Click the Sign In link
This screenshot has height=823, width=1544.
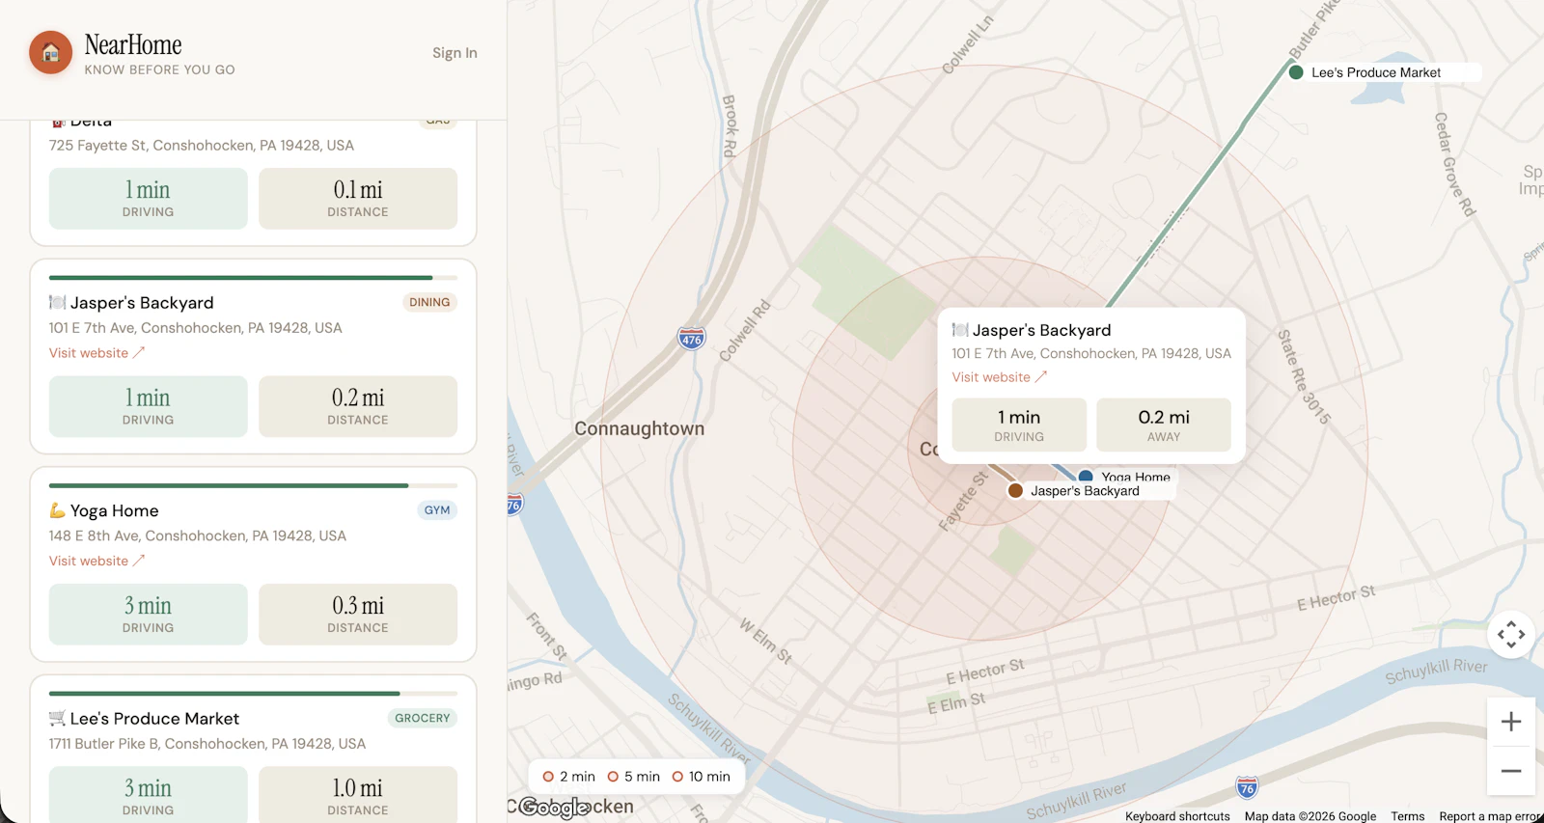[x=455, y=53]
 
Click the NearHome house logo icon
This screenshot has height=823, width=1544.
[x=51, y=53]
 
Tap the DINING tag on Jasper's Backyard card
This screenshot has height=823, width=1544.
[x=429, y=302]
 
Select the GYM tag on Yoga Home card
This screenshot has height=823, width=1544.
[x=437, y=510]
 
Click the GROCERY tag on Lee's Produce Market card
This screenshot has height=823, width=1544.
[x=422, y=718]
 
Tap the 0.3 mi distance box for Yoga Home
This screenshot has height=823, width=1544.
[x=358, y=614]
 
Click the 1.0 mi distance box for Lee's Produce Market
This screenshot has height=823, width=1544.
[x=358, y=795]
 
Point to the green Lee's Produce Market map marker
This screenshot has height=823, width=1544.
[x=1296, y=72]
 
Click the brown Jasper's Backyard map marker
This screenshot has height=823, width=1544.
[x=1015, y=491]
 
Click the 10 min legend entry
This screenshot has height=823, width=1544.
[x=702, y=777]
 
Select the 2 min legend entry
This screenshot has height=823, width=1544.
[x=569, y=777]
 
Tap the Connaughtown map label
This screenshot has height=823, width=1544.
[x=639, y=428]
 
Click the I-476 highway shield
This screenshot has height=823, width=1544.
[x=691, y=339]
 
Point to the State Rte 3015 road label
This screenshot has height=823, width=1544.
[x=1304, y=377]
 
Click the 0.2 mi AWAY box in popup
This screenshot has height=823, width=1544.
[x=1163, y=425]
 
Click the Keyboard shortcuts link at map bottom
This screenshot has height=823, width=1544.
[x=1176, y=816]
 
